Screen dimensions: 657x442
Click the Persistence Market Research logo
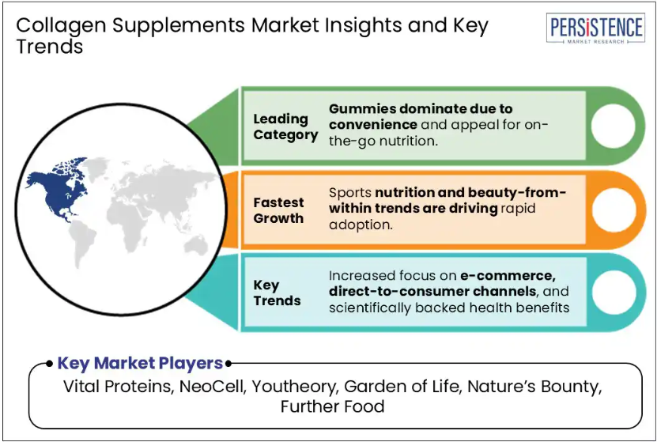(595, 28)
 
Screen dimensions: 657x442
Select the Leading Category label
(285, 127)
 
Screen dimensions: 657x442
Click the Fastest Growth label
(278, 210)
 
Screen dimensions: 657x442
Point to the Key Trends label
(277, 293)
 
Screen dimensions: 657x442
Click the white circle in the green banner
(613, 125)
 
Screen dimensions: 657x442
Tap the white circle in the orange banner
(613, 210)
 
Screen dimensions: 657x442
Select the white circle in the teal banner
(613, 292)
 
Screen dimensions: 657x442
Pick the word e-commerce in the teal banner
(508, 275)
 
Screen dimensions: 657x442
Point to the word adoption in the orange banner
(361, 225)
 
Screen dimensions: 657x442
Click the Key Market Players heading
(140, 363)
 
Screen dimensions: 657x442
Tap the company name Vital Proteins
(118, 387)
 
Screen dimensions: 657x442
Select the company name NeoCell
(212, 387)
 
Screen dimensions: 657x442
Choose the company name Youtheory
(295, 387)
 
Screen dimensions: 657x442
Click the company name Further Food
(332, 406)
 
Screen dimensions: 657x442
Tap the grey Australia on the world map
(196, 244)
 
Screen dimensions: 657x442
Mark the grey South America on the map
(84, 243)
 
